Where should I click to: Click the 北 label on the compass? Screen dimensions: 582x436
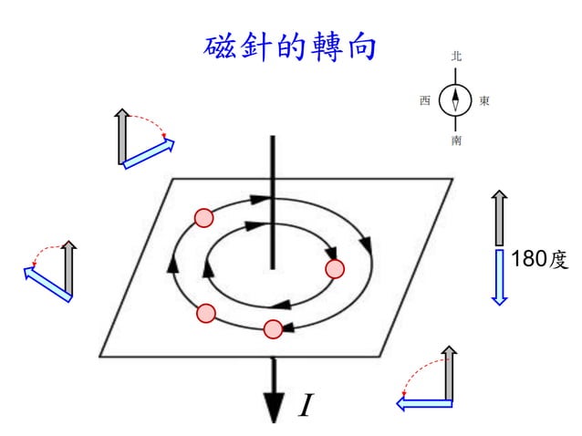point(455,57)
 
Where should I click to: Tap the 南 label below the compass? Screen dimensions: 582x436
point(455,141)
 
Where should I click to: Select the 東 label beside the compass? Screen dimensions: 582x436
point(485,100)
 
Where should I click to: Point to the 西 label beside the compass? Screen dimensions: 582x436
point(425,100)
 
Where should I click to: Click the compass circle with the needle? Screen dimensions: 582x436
point(455,99)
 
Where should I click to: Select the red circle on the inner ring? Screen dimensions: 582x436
point(335,269)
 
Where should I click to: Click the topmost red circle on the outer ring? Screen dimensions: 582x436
point(203,217)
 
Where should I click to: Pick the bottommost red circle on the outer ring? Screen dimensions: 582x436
point(272,329)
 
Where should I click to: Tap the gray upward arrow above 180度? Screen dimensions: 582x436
point(499,217)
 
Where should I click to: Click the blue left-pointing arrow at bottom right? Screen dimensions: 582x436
point(424,402)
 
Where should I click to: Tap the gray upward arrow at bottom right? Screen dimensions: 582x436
point(448,375)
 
